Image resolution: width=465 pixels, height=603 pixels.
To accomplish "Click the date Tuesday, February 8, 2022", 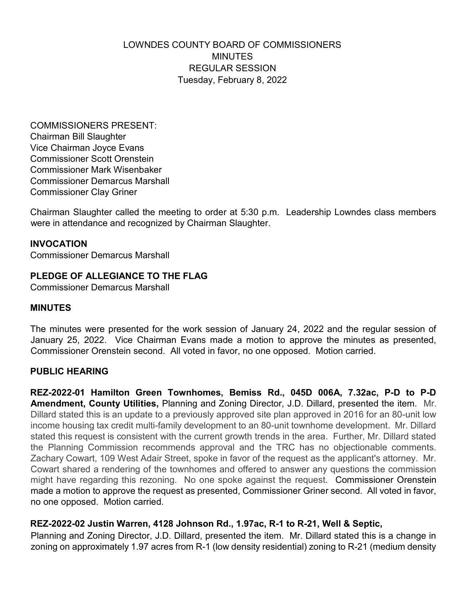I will (x=232, y=80).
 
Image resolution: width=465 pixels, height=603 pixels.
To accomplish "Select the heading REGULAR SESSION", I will (x=232, y=68).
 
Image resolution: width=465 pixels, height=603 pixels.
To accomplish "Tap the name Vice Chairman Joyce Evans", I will (x=87, y=148).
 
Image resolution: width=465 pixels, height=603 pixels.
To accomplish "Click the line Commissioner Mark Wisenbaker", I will (x=96, y=170).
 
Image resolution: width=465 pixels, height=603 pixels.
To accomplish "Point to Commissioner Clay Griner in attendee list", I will (x=84, y=192).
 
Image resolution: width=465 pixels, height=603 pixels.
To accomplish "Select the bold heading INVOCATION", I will (x=58, y=244).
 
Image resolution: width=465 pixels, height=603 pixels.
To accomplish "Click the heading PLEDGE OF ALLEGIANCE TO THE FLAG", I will (x=119, y=276).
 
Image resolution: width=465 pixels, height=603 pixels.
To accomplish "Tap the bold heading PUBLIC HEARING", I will (x=69, y=371).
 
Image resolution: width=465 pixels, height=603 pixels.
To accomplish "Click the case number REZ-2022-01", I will (x=57, y=393).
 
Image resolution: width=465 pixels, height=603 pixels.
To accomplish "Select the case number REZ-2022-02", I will (x=57, y=524).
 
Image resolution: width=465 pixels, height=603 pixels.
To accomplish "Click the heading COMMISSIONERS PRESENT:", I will (x=93, y=126).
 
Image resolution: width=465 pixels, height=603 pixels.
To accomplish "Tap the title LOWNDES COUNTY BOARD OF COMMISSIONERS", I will (x=232, y=45).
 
